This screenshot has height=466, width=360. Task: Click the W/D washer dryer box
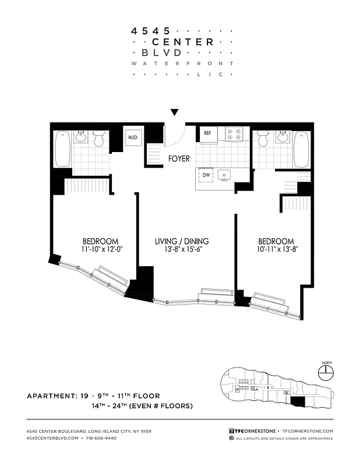click(133, 137)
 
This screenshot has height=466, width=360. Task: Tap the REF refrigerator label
click(207, 133)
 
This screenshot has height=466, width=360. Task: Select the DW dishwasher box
click(206, 174)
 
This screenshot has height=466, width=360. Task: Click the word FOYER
click(180, 158)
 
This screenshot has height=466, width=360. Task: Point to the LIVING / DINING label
click(182, 241)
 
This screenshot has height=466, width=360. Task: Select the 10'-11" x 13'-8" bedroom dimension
click(276, 249)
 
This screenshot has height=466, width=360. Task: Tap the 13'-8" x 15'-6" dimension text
click(182, 249)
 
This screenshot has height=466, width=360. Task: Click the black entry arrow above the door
click(174, 112)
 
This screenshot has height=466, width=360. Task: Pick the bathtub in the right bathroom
click(301, 149)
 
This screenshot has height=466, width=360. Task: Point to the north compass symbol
click(326, 370)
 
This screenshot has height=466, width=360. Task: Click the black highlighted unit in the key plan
click(298, 401)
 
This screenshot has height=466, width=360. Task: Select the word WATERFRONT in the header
click(182, 63)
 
